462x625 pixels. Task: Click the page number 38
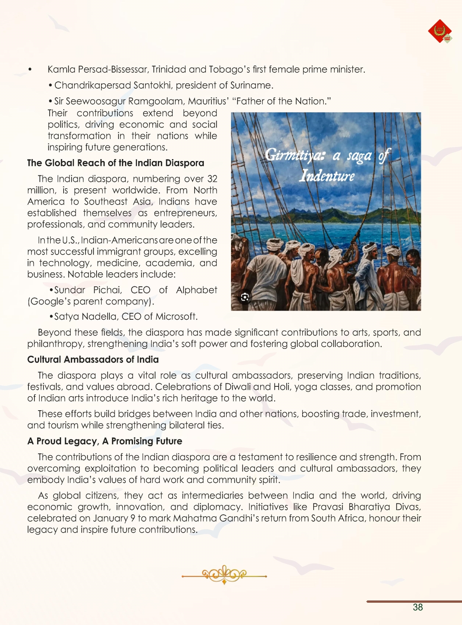pos(418,607)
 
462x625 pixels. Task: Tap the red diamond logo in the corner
pos(440,31)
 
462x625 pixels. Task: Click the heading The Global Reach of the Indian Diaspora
pos(115,163)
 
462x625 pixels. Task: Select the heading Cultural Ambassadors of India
pos(93,359)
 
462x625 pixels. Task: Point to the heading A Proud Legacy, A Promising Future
pos(105,441)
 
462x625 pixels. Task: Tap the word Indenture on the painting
pos(327,176)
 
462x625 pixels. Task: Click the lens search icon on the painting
pos(245,297)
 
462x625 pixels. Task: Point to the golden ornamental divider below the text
pos(224,575)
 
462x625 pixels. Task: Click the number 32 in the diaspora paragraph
pos(212,179)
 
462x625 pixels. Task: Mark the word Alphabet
pos(196,290)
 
